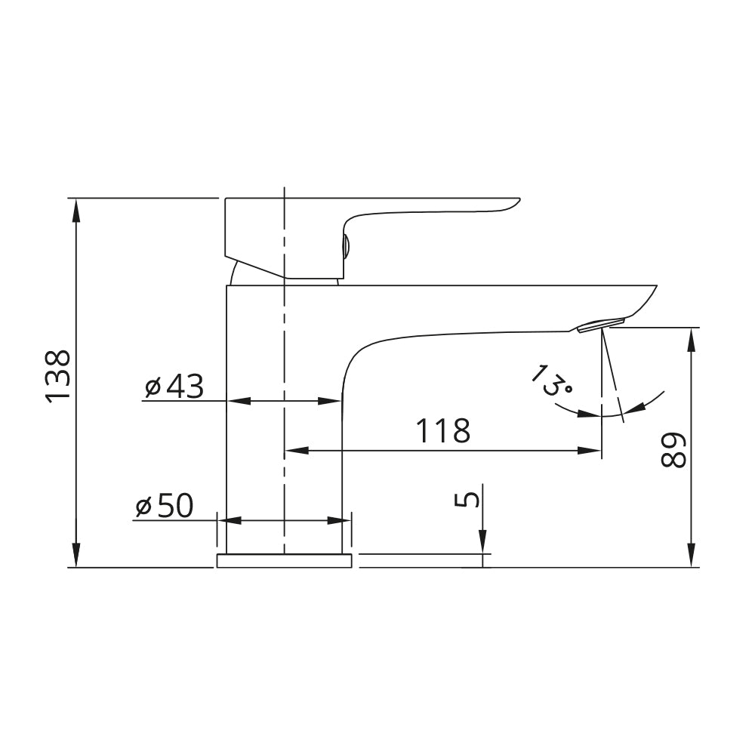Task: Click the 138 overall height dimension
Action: [x=58, y=376]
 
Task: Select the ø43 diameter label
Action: [x=174, y=386]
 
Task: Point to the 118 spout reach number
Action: [x=442, y=430]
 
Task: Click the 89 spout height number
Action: [x=673, y=449]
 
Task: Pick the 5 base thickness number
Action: [x=467, y=499]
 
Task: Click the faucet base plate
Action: [x=284, y=561]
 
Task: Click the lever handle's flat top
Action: [x=373, y=198]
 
